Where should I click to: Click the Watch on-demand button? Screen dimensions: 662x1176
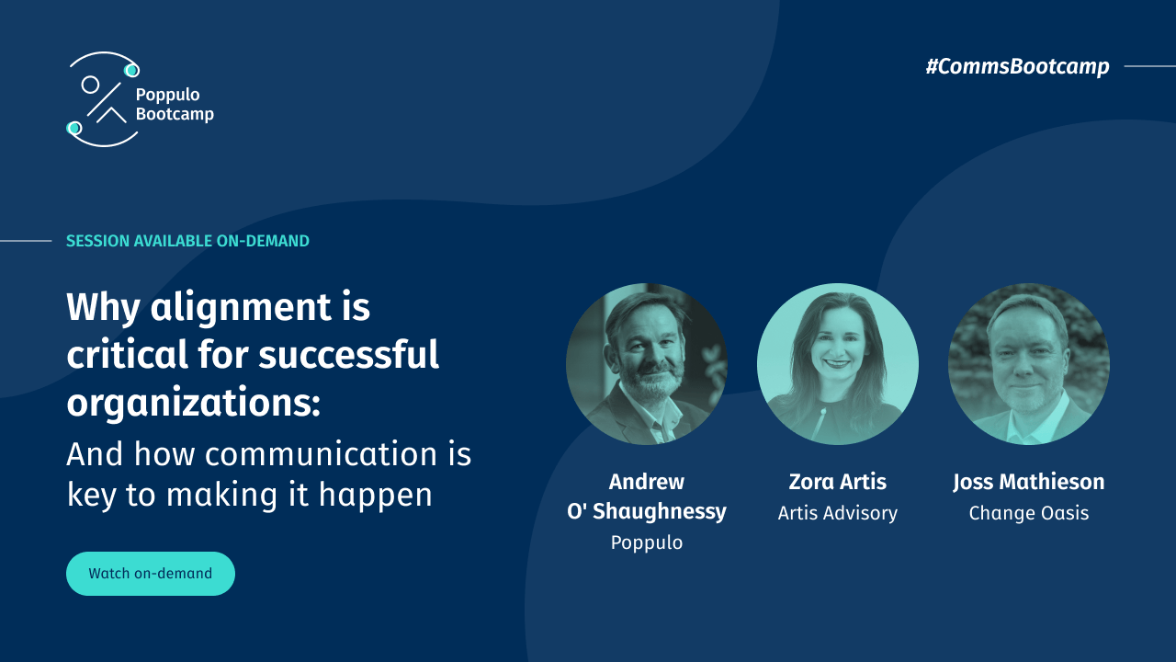coord(151,574)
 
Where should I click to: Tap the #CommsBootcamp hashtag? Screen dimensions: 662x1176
coord(1017,66)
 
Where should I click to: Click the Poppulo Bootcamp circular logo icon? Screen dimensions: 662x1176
coord(104,99)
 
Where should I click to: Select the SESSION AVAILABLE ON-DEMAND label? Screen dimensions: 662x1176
coord(187,241)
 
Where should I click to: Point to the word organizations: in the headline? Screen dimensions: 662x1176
coord(193,403)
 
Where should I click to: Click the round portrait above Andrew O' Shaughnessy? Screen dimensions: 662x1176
coord(647,364)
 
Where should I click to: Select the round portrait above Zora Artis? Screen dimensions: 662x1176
coord(838,364)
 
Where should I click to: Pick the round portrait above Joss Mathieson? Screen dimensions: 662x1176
coord(1029,364)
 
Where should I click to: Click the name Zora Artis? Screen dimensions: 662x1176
coord(838,482)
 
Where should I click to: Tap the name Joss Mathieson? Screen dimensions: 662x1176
coord(1029,482)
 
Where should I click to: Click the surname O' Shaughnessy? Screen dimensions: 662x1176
coord(647,511)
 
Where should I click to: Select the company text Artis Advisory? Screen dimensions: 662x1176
coord(838,513)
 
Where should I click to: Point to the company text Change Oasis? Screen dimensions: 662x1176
coord(1029,513)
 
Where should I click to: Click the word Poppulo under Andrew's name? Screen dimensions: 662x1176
coord(647,542)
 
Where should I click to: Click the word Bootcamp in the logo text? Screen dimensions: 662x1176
coord(175,114)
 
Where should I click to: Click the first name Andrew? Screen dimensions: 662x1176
coord(647,482)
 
